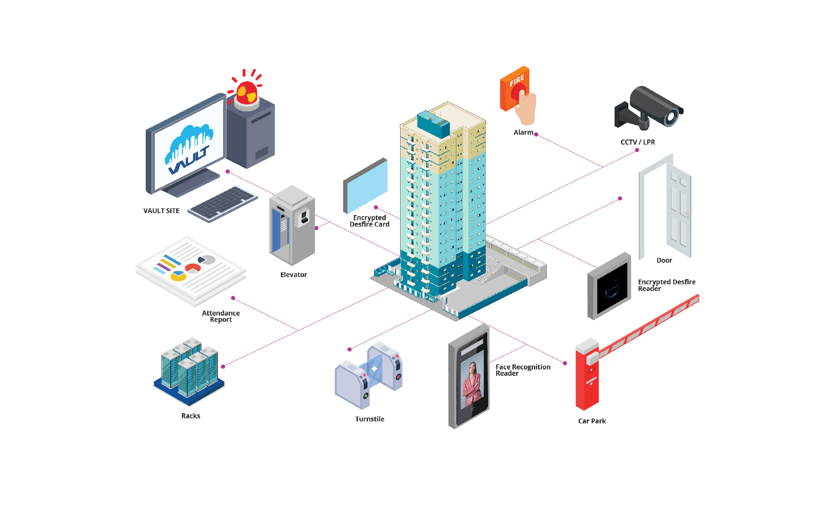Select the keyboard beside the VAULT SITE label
[223, 204]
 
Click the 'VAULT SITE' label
[161, 211]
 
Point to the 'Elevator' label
[293, 275]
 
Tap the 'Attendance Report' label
[221, 316]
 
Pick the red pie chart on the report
[193, 267]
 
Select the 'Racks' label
[190, 416]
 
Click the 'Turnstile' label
[369, 419]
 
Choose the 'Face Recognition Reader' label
[522, 370]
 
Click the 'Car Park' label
[591, 421]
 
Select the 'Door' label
[664, 260]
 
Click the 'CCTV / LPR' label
[638, 142]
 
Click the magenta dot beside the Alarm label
[536, 134]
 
